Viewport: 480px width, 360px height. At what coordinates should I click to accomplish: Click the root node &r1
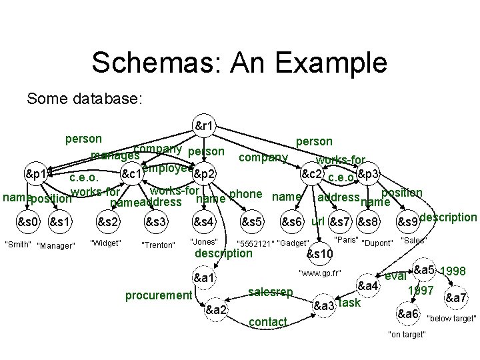(204, 125)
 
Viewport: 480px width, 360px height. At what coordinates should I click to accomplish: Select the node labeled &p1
(36, 175)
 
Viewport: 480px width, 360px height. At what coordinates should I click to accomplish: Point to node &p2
(205, 175)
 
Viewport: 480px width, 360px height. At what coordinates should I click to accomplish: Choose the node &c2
(313, 174)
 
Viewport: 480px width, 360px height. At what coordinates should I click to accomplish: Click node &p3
(368, 174)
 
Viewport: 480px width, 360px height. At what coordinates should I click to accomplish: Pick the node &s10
(319, 254)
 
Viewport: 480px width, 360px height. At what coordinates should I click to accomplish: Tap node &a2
(216, 309)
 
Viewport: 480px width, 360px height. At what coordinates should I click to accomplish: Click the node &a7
(456, 297)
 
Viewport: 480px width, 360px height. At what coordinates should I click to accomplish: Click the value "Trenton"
(158, 245)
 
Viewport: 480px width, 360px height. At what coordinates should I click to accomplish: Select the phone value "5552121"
(253, 243)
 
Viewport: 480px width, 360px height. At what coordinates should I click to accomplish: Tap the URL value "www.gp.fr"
(321, 273)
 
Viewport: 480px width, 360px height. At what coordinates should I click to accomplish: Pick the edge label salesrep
(270, 291)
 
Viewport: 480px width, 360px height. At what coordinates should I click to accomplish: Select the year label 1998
(453, 272)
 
